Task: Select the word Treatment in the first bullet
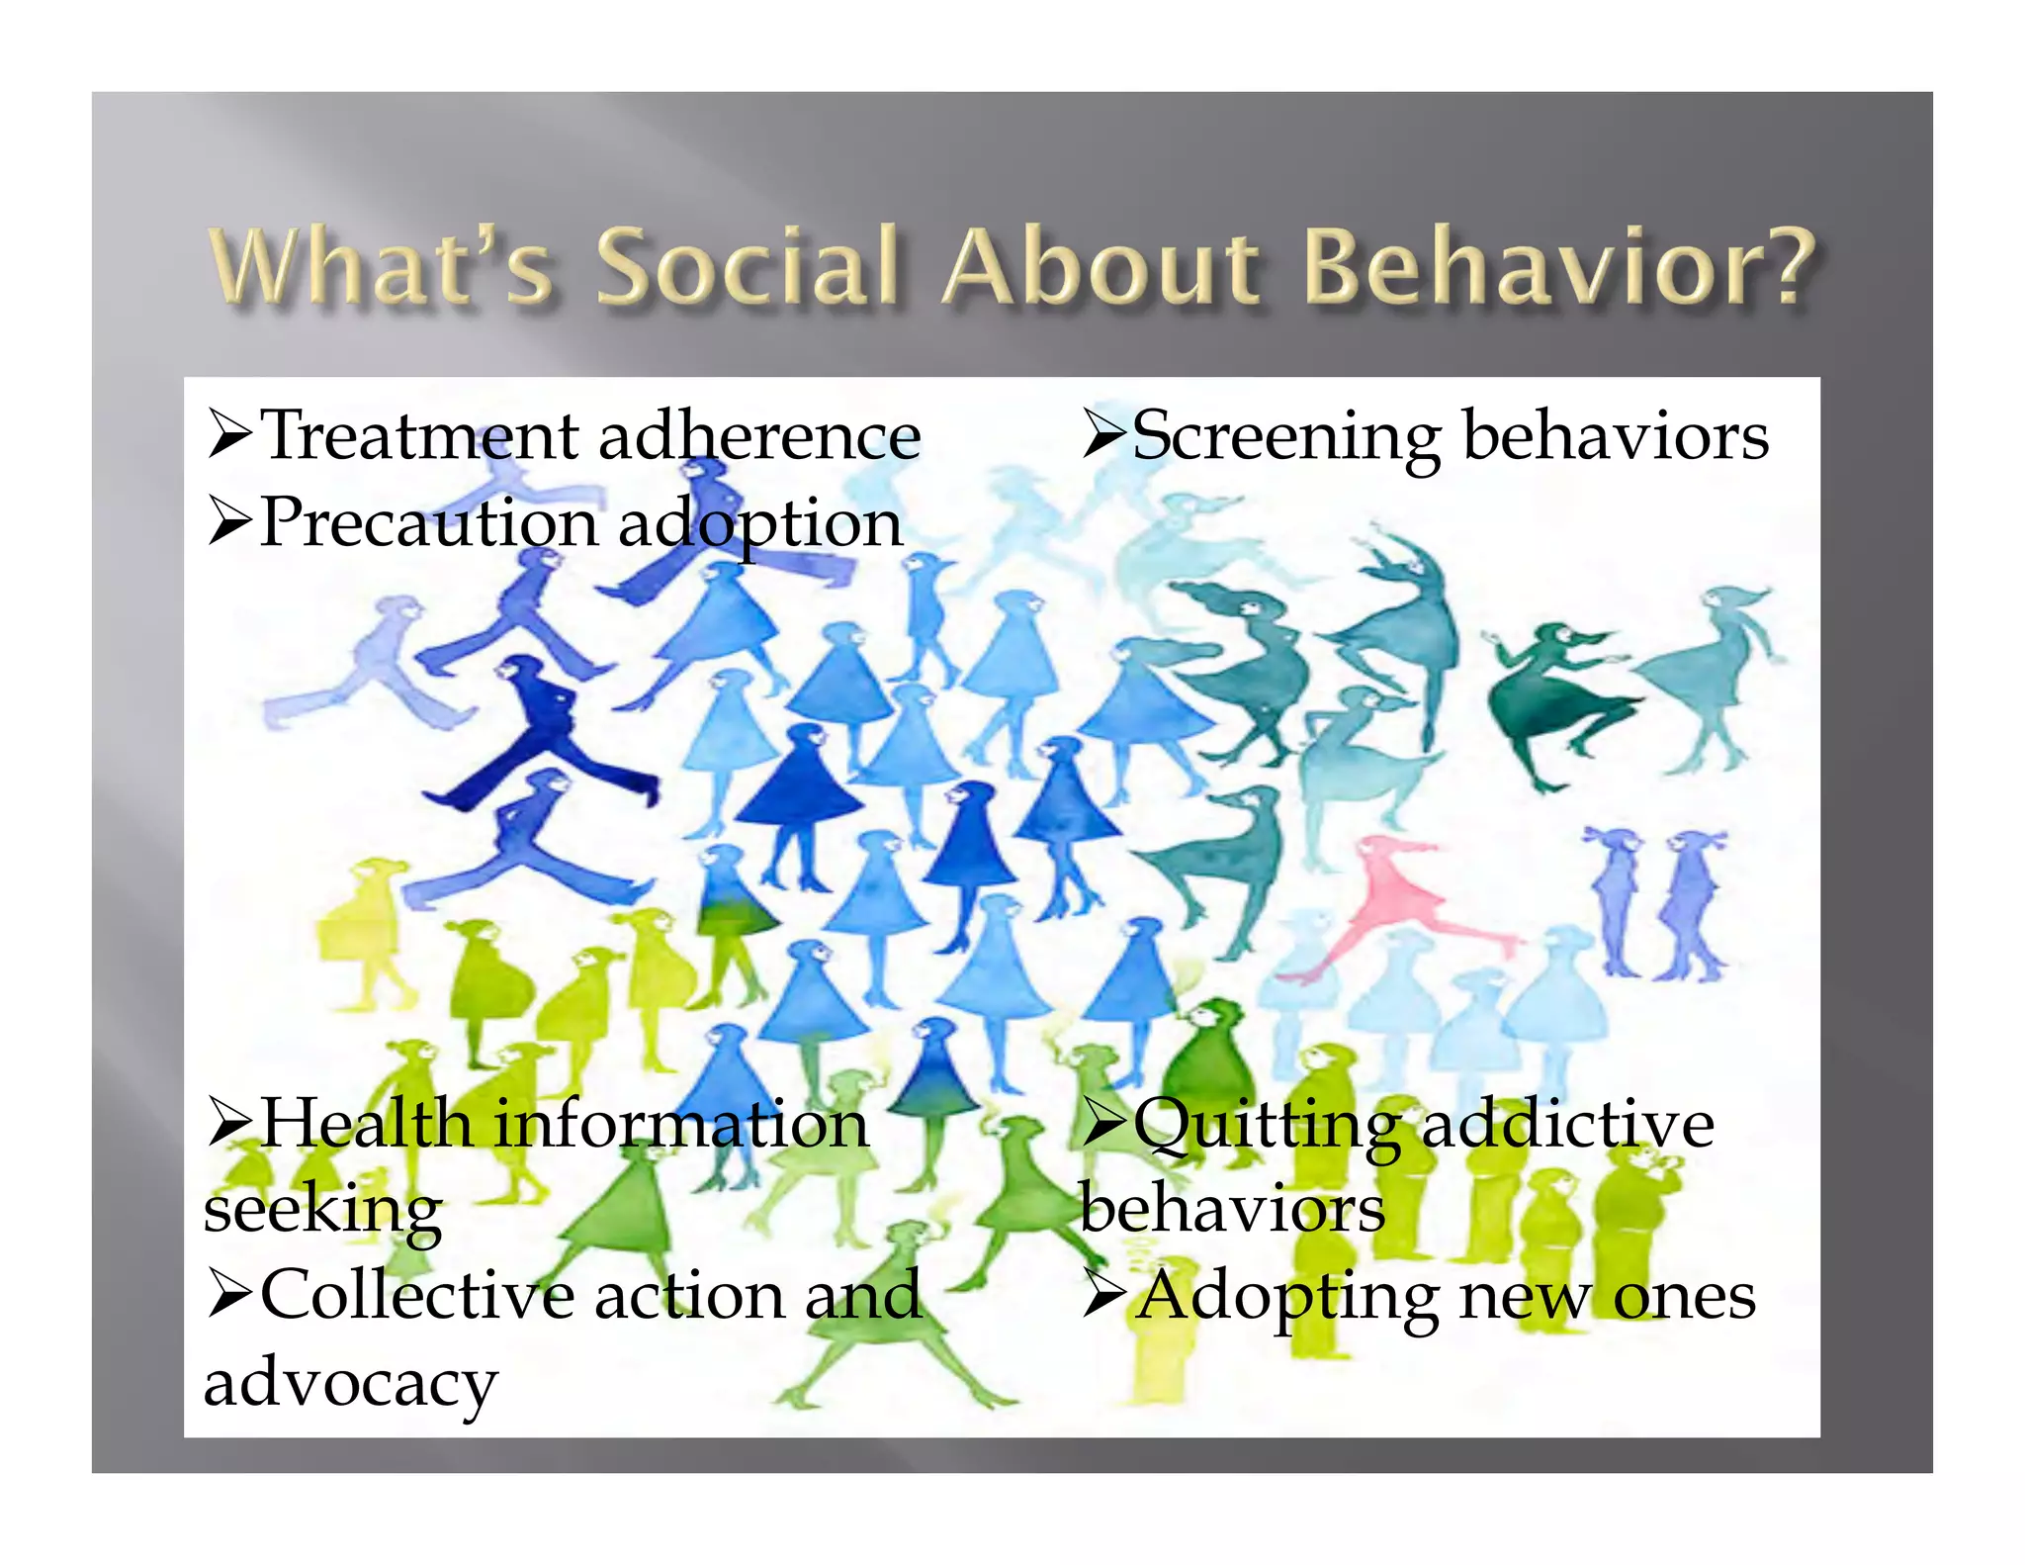pos(420,436)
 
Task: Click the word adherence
pos(759,436)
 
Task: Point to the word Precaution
pos(428,523)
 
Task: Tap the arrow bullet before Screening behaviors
pos(1103,436)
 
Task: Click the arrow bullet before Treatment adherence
pos(230,436)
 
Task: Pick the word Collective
pos(416,1295)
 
